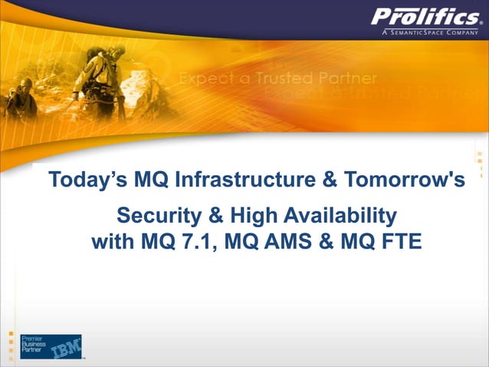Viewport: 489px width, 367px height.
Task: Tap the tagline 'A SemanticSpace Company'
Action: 428,33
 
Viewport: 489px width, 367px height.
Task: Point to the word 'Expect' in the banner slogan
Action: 204,79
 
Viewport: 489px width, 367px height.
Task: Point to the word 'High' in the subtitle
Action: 247,214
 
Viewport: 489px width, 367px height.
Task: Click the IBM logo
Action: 66,347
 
